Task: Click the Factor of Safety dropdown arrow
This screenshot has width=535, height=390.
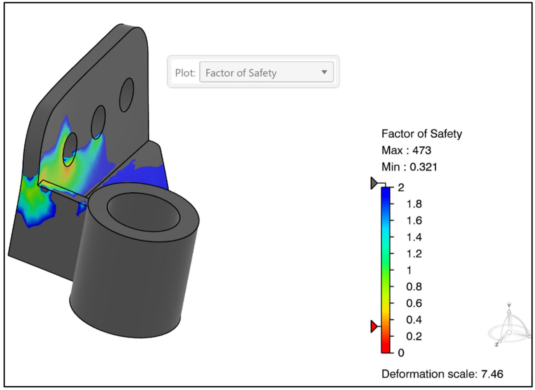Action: point(324,72)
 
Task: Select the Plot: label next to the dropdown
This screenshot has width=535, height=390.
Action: point(185,73)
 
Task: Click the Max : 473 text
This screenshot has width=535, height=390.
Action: point(406,150)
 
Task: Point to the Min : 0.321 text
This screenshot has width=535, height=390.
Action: point(409,167)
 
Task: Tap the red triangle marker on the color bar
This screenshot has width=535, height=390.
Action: point(374,327)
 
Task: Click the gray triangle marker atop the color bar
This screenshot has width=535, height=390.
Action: point(374,183)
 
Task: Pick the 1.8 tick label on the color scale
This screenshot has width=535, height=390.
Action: point(414,204)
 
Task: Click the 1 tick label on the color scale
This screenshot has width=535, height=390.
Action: point(409,270)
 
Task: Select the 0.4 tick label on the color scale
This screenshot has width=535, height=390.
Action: point(414,320)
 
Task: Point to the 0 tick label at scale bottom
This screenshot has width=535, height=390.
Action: point(401,353)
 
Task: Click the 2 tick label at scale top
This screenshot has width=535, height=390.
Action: point(401,188)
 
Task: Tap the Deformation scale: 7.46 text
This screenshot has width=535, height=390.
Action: point(442,374)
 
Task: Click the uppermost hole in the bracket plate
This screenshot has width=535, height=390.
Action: point(126,95)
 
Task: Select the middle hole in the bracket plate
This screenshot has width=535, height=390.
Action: point(98,122)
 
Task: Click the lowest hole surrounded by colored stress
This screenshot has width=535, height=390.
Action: point(70,149)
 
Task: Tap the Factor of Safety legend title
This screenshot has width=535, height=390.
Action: point(421,133)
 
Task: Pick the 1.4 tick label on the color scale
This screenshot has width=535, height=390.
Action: point(414,237)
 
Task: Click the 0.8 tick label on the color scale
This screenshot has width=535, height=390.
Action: point(414,286)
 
